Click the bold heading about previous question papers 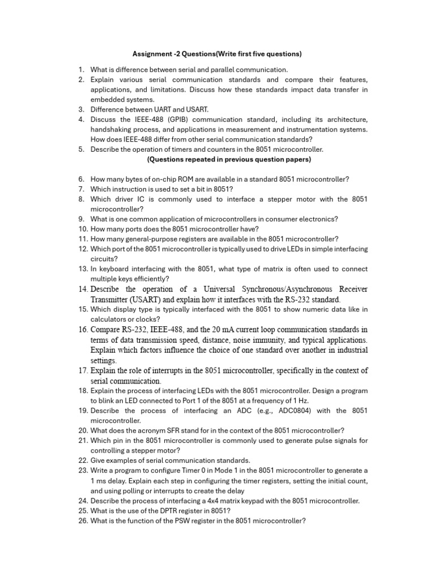[x=229, y=159]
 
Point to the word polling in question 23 [x=138, y=491]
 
